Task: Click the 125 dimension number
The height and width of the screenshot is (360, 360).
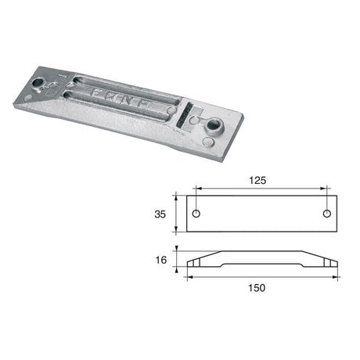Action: click(258, 179)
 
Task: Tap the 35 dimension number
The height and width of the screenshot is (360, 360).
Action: click(160, 211)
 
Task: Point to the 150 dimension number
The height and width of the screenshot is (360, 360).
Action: click(258, 287)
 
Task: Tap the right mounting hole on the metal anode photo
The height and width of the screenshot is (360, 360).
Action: click(212, 122)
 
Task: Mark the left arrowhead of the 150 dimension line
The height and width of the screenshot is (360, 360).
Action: click(189, 276)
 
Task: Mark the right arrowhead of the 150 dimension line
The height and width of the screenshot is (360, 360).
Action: click(336, 276)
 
